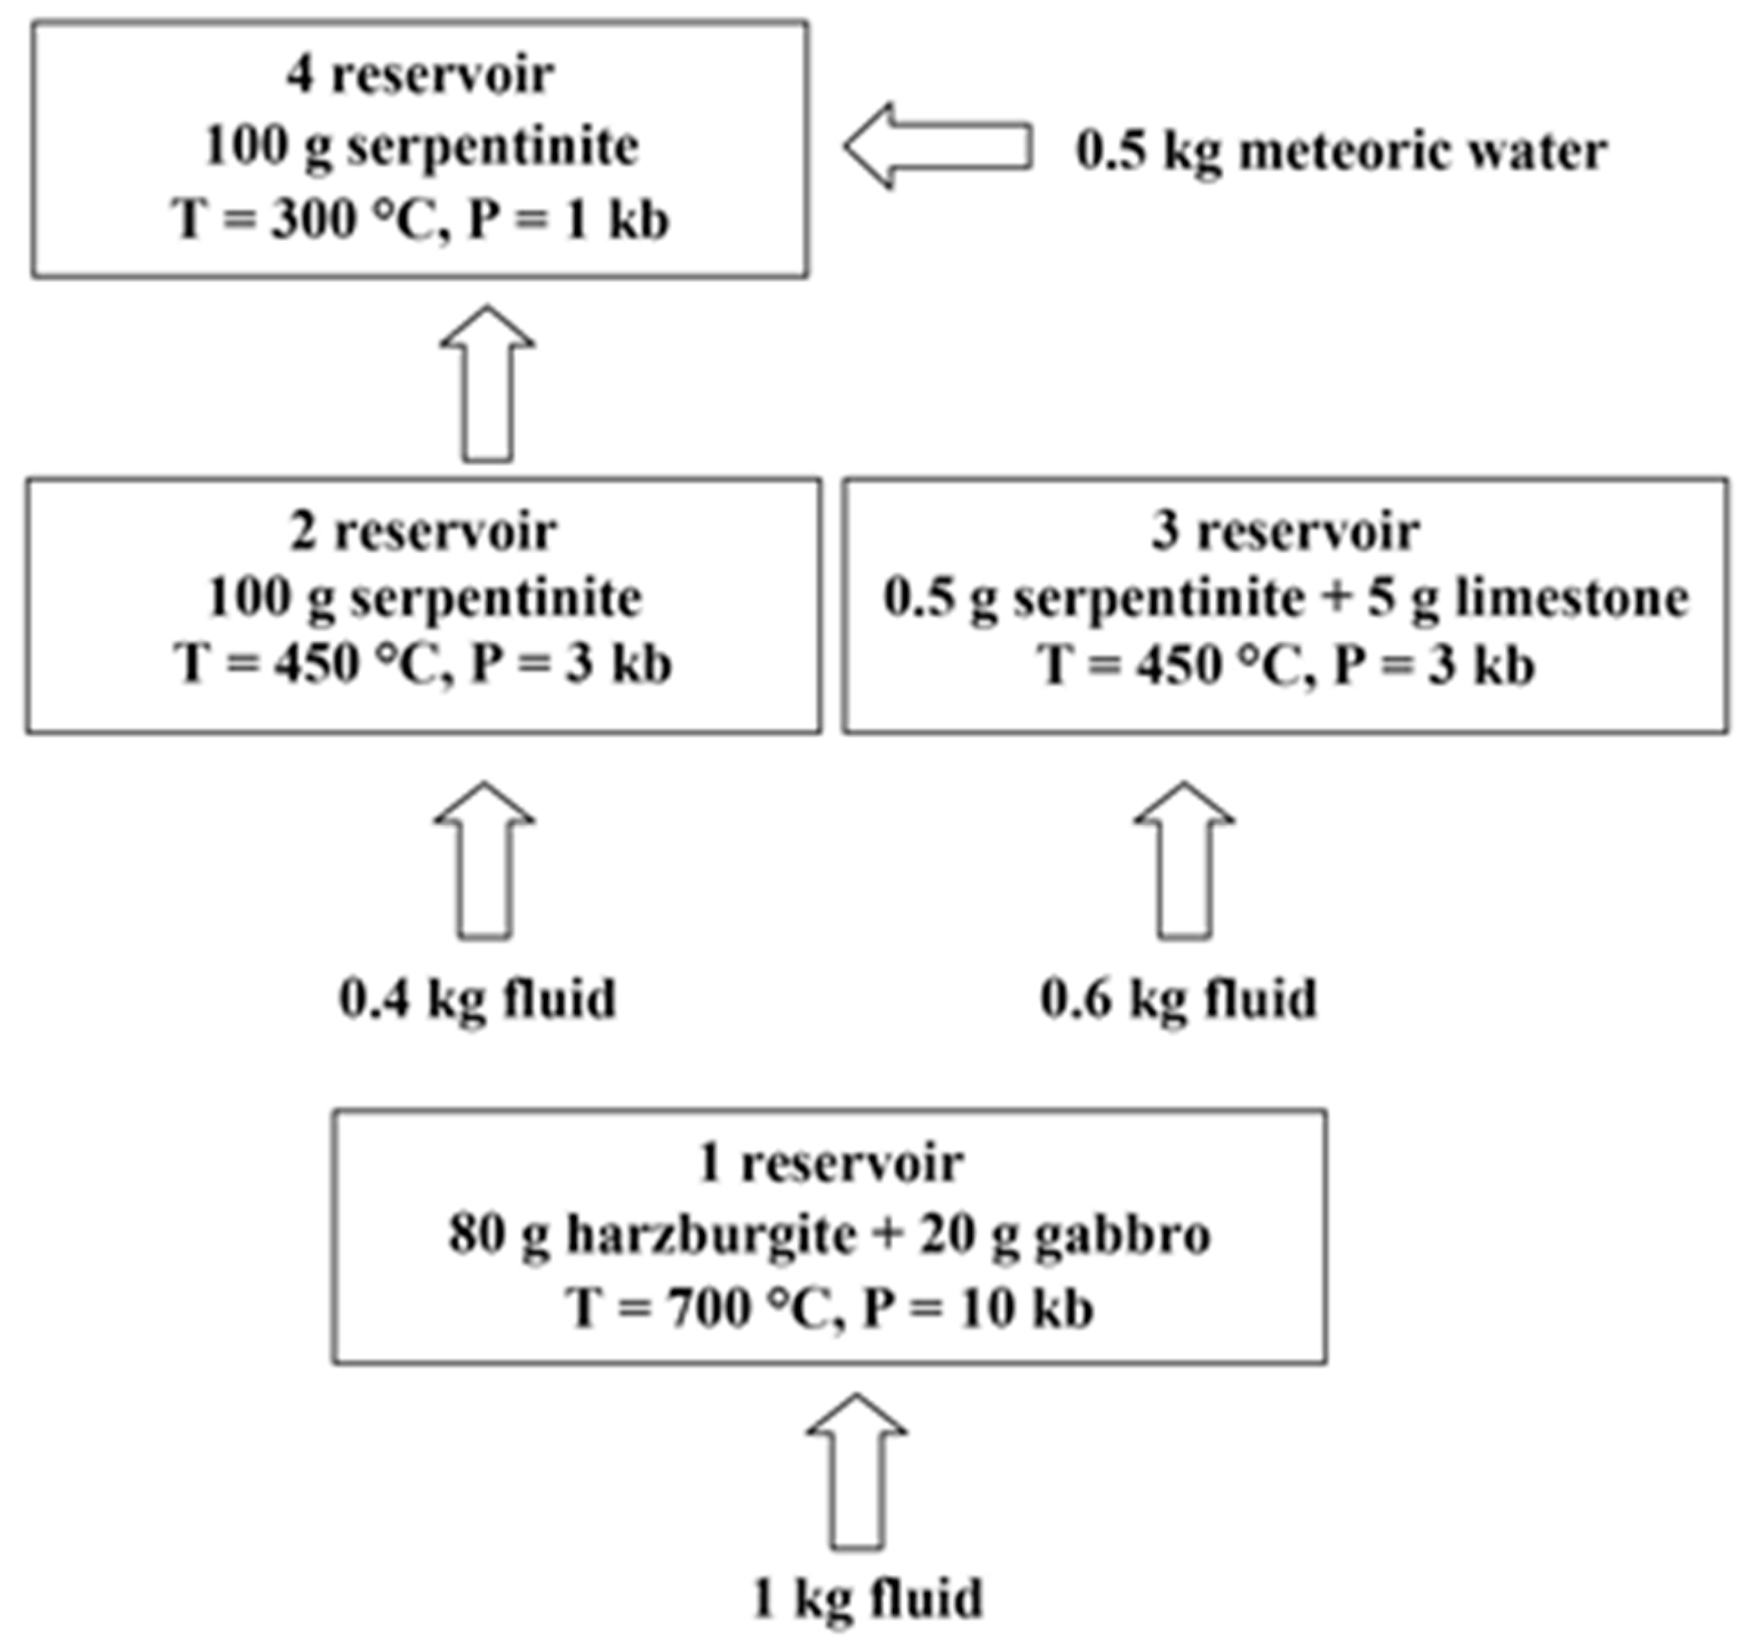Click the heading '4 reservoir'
click(420, 75)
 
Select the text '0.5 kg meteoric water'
click(1340, 151)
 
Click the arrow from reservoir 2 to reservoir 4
click(487, 386)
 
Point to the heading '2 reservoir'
click(422, 532)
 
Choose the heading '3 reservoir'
click(1284, 532)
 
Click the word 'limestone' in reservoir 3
click(1571, 598)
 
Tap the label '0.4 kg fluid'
click(477, 1000)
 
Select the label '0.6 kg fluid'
click(1178, 1000)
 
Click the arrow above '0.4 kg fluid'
click(484, 860)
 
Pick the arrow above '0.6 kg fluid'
click(1184, 860)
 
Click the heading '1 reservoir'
click(830, 1164)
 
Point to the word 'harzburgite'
click(710, 1234)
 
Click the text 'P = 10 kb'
click(977, 1307)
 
